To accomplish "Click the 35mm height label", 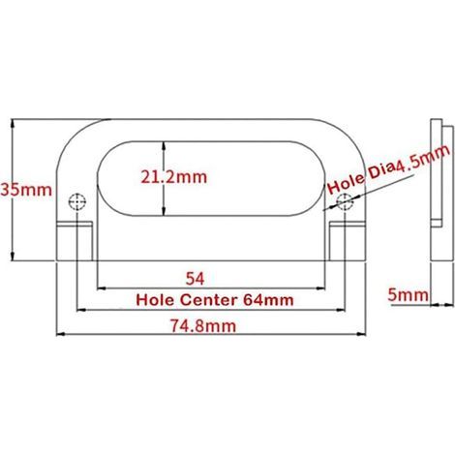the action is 26,190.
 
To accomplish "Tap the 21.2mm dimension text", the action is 173,177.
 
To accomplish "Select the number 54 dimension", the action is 195,279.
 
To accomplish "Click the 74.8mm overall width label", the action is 203,326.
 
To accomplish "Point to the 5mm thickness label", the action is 409,294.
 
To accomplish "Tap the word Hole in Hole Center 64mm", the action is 155,300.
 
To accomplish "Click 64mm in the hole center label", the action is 268,300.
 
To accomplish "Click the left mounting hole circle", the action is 77,202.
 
